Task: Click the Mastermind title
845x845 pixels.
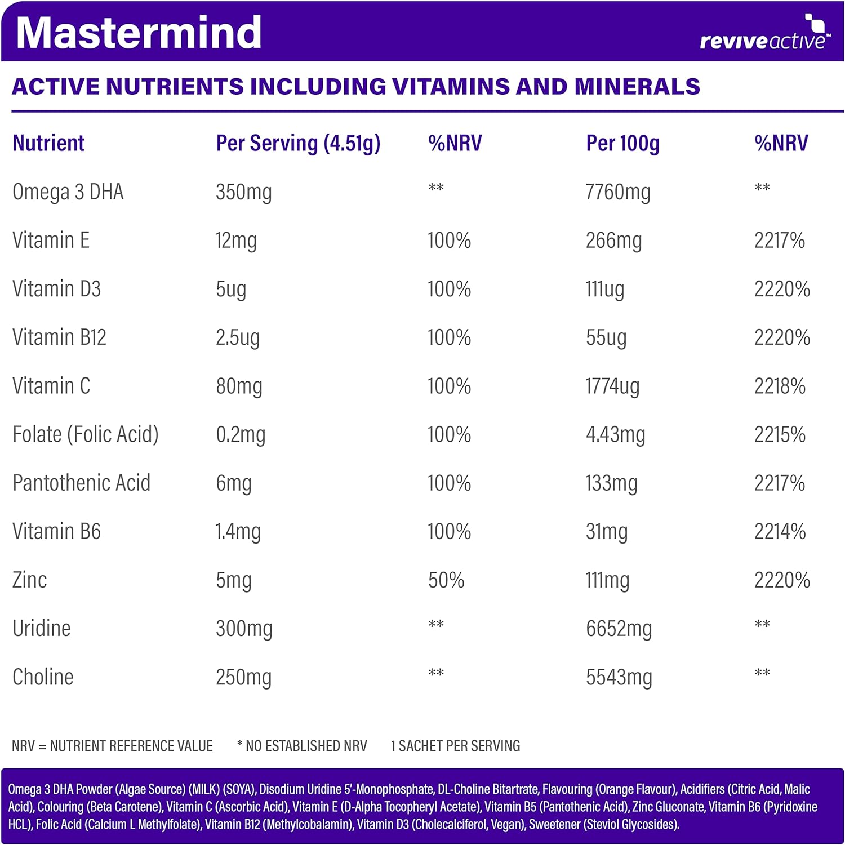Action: (x=139, y=33)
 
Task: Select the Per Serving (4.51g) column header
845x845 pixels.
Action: (x=298, y=144)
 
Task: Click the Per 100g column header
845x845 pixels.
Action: (x=622, y=144)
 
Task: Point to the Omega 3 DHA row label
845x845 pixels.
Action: (x=68, y=192)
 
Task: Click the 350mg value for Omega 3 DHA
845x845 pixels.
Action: (x=243, y=193)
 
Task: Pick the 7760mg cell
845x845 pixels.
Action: (x=618, y=193)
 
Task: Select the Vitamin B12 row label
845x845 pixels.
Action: (x=59, y=337)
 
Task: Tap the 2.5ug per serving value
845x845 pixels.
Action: (x=238, y=338)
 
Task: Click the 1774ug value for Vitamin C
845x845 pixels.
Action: (x=612, y=386)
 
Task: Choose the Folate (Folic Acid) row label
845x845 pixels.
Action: (x=86, y=435)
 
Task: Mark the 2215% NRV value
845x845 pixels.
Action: (x=780, y=435)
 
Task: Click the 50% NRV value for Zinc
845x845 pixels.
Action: (x=446, y=580)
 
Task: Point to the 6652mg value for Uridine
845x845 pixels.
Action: (x=619, y=629)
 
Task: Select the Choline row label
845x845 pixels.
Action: (x=43, y=677)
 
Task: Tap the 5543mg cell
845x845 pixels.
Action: (x=619, y=677)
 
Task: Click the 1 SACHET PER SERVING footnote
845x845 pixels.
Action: (x=455, y=746)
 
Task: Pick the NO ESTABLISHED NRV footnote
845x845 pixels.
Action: (x=303, y=746)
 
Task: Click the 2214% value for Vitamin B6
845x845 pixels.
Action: (x=780, y=532)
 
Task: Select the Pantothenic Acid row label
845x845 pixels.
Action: (x=82, y=483)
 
